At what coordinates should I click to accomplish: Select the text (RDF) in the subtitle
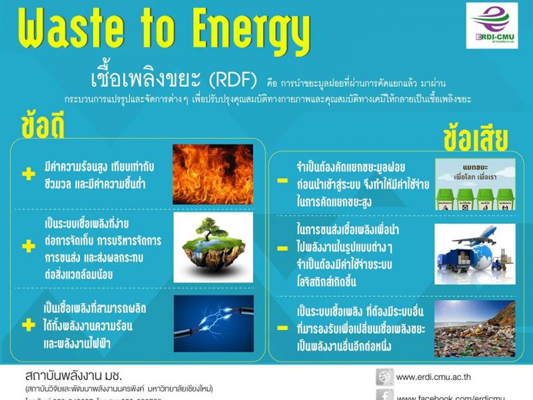coord(233,81)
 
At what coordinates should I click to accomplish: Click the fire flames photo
coord(213,174)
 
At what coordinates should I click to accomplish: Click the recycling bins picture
coord(475,184)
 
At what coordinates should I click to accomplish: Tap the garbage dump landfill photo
coord(475,327)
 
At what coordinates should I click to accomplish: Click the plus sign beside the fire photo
coord(28,175)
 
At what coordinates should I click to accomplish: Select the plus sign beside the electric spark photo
coord(28,325)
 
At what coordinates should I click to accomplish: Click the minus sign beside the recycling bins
coord(282,181)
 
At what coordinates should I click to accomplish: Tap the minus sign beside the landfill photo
coord(282,329)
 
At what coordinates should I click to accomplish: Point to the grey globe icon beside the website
coord(384,377)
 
